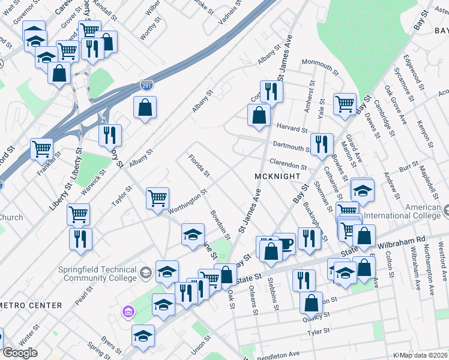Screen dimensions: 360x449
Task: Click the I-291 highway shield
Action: [146, 86]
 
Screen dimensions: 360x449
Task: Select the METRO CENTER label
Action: [31, 305]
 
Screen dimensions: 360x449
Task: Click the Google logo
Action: [20, 353]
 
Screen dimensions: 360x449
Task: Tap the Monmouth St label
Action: [321, 62]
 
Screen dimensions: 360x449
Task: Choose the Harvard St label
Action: [292, 128]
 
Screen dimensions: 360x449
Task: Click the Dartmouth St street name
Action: [291, 146]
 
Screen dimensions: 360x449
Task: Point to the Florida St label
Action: [199, 166]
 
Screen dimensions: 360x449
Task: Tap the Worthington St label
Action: [187, 201]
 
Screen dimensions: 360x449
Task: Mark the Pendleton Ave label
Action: [277, 355]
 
